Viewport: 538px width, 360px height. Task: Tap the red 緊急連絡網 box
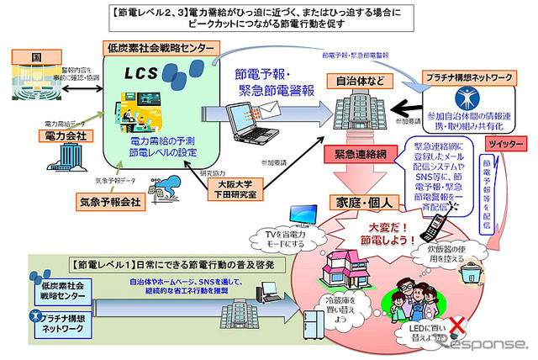tap(356, 154)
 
